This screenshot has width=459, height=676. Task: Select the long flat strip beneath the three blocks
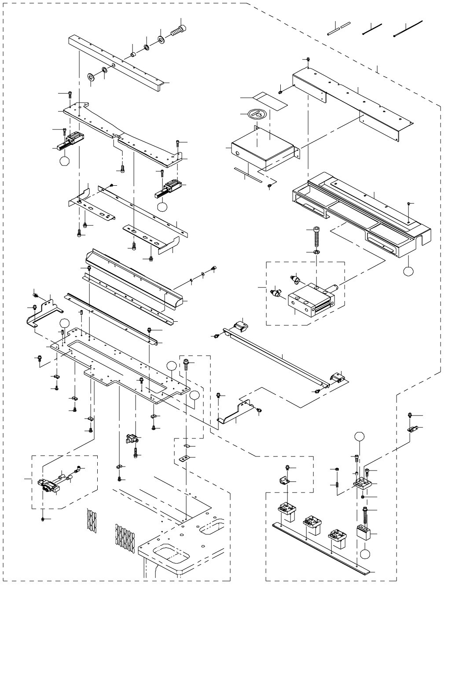[x=321, y=548]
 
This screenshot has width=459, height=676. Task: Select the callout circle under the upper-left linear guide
[x=65, y=160]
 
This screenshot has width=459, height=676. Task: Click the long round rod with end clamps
[x=277, y=354]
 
